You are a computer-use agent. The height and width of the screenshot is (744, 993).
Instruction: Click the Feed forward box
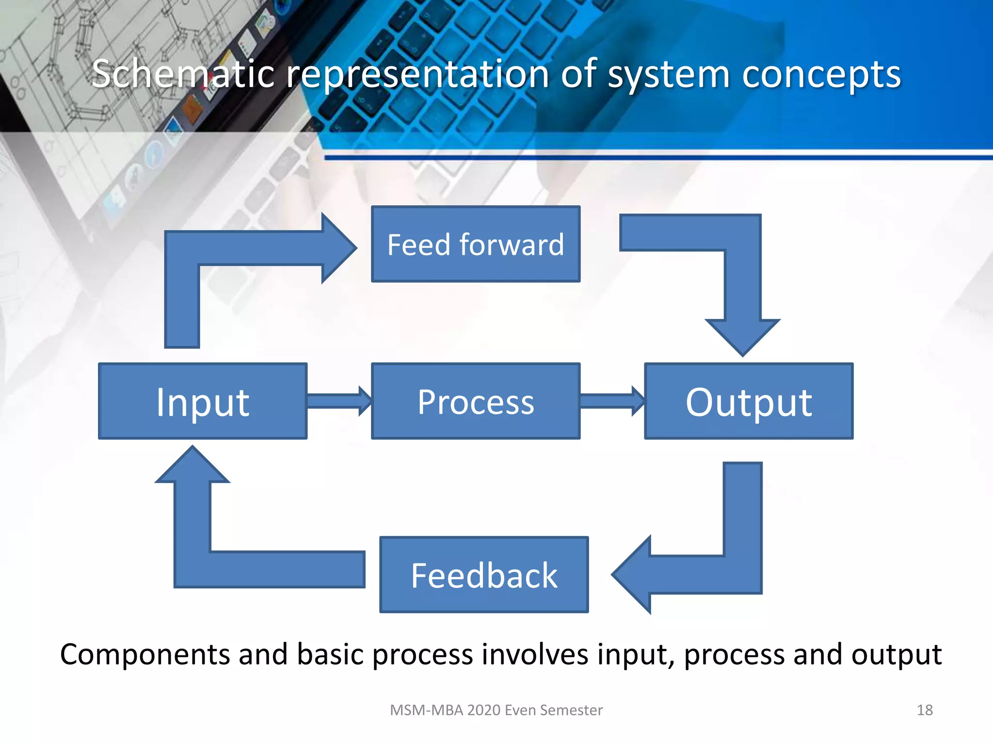click(475, 244)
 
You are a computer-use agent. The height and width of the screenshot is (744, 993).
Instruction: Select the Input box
click(202, 401)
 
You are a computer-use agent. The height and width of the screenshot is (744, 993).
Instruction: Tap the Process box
click(475, 401)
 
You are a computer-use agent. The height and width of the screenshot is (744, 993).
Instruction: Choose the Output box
click(748, 401)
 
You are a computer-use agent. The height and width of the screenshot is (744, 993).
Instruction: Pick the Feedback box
click(483, 574)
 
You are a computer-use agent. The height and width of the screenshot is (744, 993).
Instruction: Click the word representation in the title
click(417, 75)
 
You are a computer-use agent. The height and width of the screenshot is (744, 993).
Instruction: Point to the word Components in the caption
click(145, 655)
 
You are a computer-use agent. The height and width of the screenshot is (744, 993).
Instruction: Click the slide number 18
click(924, 710)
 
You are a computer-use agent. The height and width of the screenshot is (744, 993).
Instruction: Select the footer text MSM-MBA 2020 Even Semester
click(496, 710)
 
